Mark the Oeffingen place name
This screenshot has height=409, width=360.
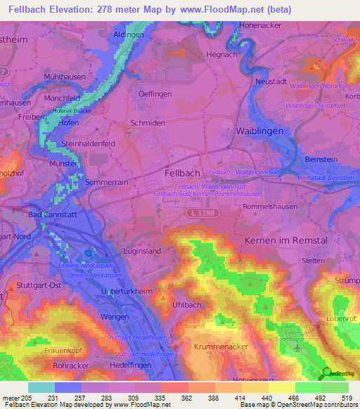coord(155,93)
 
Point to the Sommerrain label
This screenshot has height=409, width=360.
coord(105,182)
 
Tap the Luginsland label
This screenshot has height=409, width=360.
coord(141,251)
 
